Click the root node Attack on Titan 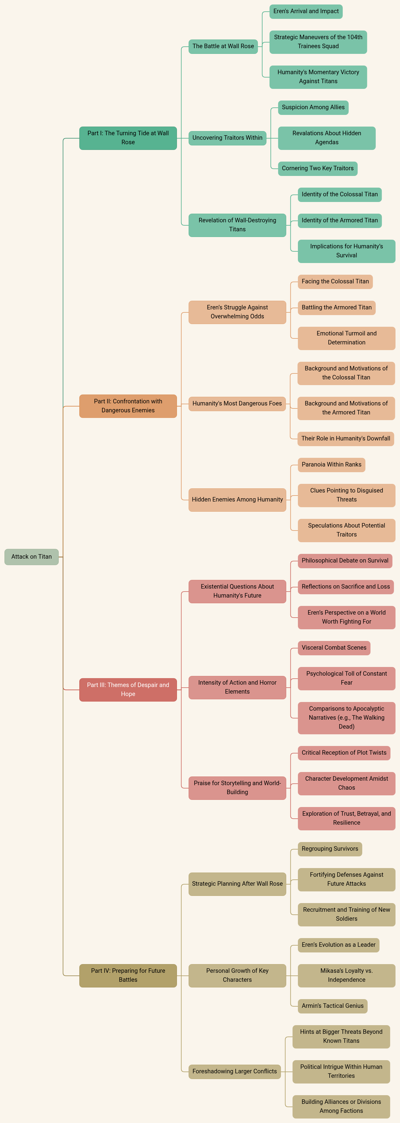point(31,557)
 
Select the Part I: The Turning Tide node point(128,138)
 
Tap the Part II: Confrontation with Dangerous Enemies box point(128,406)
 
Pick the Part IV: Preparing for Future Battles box point(128,975)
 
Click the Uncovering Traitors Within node point(227,138)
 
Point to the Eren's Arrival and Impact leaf point(306,11)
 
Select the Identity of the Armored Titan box point(340,221)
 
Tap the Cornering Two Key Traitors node point(318,168)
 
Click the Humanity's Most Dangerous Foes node point(237,404)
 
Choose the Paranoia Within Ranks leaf point(331,465)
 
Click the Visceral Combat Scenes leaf point(334,648)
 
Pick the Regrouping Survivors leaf point(330,849)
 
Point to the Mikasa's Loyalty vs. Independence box point(346,975)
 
